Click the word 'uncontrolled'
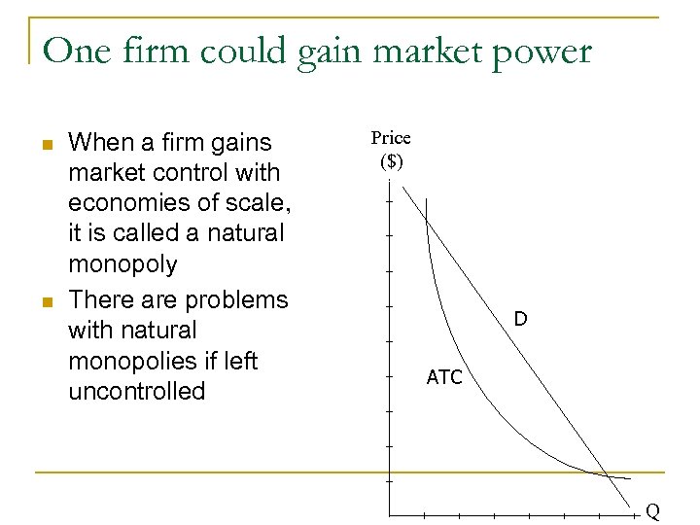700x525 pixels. coord(137,392)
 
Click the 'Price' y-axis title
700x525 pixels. coord(391,138)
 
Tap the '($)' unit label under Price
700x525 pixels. coord(391,161)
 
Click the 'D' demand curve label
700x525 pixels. coord(521,319)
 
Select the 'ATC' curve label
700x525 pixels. coord(444,377)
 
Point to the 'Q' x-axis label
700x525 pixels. coord(652,511)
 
